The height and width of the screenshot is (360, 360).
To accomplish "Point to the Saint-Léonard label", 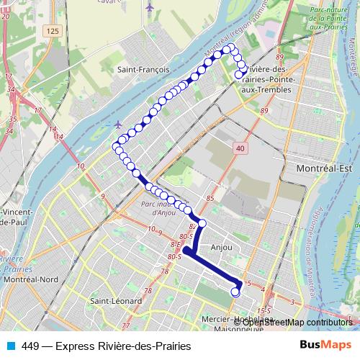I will (x=109, y=300).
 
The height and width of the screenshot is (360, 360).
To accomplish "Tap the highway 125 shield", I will (x=50, y=32).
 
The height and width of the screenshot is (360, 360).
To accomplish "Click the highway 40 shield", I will (x=239, y=148).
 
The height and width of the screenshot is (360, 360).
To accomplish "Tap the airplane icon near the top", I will (x=150, y=8).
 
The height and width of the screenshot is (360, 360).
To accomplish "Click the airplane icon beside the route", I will (x=118, y=124).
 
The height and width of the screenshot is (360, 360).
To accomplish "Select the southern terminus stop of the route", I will (x=235, y=292).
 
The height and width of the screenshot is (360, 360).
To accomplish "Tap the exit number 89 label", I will (x=264, y=111).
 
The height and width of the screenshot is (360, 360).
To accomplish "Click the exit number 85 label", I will (x=210, y=198).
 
